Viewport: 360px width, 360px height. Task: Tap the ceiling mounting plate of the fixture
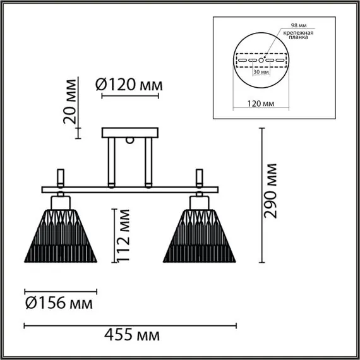pyautogui.click(x=131, y=133)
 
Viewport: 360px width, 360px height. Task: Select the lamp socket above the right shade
pyautogui.click(x=200, y=201)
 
